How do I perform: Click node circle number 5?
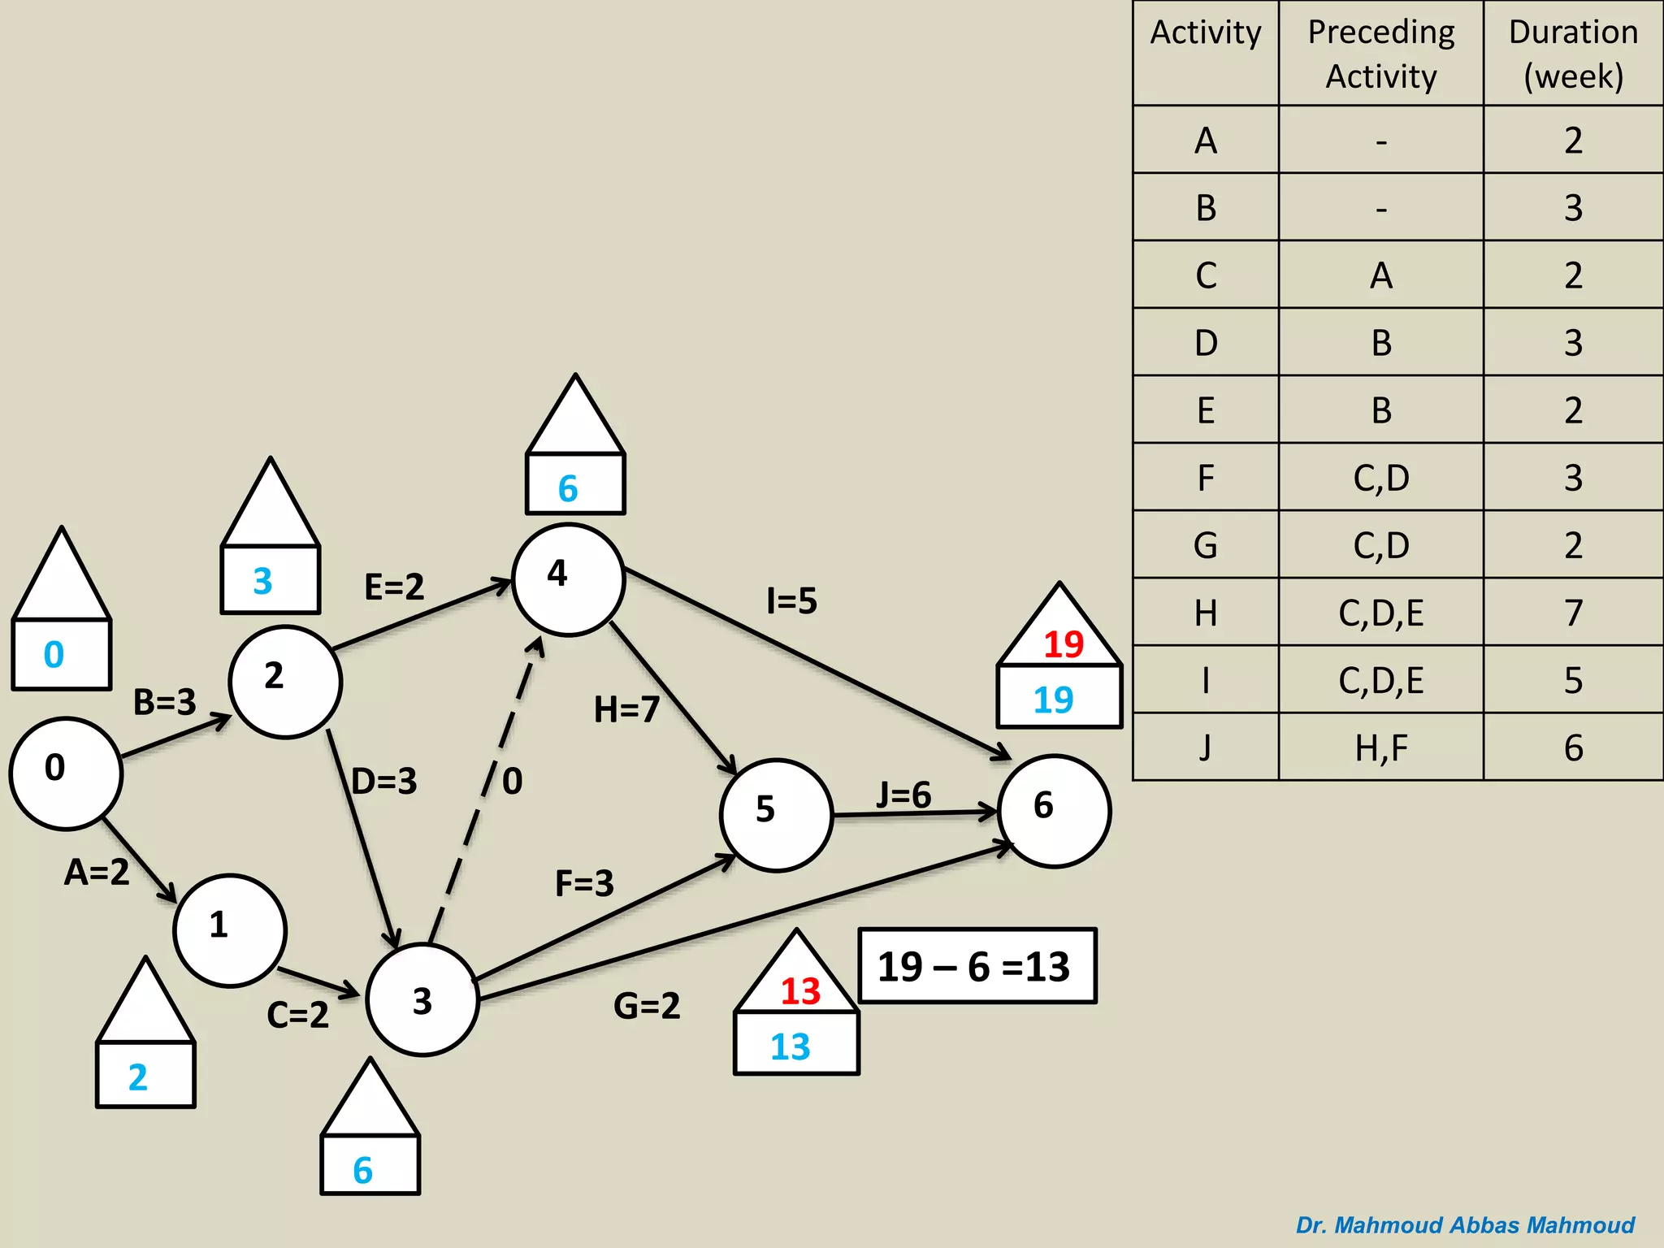[776, 815]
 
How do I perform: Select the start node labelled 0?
[65, 773]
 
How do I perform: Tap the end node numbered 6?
[1054, 810]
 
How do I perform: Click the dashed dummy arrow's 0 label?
[512, 781]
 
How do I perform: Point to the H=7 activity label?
[626, 709]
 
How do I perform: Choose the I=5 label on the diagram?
[791, 601]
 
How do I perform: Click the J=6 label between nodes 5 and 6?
[903, 795]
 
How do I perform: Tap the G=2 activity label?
[647, 1006]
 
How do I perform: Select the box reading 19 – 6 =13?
[977, 966]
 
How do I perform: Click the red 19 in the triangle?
[1063, 644]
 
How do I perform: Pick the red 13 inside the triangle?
[799, 991]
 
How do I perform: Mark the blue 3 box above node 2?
[270, 580]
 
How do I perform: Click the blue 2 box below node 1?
[145, 1076]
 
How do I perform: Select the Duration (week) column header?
[1573, 54]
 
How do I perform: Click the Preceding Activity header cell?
[1380, 54]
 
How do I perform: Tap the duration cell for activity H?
[1573, 613]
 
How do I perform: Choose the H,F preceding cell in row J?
[1380, 747]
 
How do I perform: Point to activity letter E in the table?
[1206, 410]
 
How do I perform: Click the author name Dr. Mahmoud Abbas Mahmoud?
[1465, 1225]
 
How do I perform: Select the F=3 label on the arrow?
[584, 883]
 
